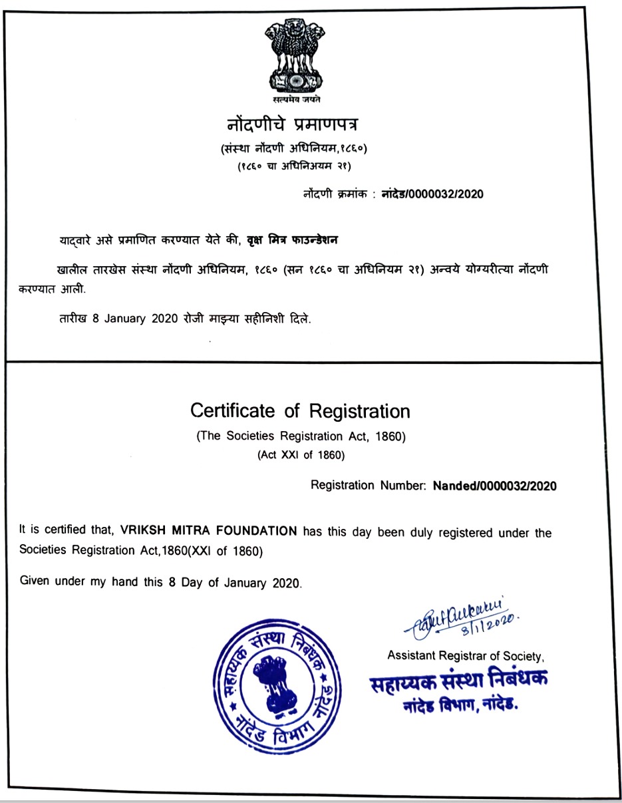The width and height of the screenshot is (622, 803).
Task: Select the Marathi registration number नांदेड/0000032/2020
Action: [x=432, y=194]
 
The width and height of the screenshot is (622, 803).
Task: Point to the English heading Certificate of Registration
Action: [x=300, y=410]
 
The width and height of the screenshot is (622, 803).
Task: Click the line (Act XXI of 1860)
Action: [x=301, y=456]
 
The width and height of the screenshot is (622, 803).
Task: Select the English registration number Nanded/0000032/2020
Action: [x=494, y=486]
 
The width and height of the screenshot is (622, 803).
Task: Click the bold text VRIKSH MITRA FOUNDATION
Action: [x=209, y=531]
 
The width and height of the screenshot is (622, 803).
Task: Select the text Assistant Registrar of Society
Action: [x=466, y=656]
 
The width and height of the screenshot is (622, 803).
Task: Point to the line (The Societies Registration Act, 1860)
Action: [x=301, y=437]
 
